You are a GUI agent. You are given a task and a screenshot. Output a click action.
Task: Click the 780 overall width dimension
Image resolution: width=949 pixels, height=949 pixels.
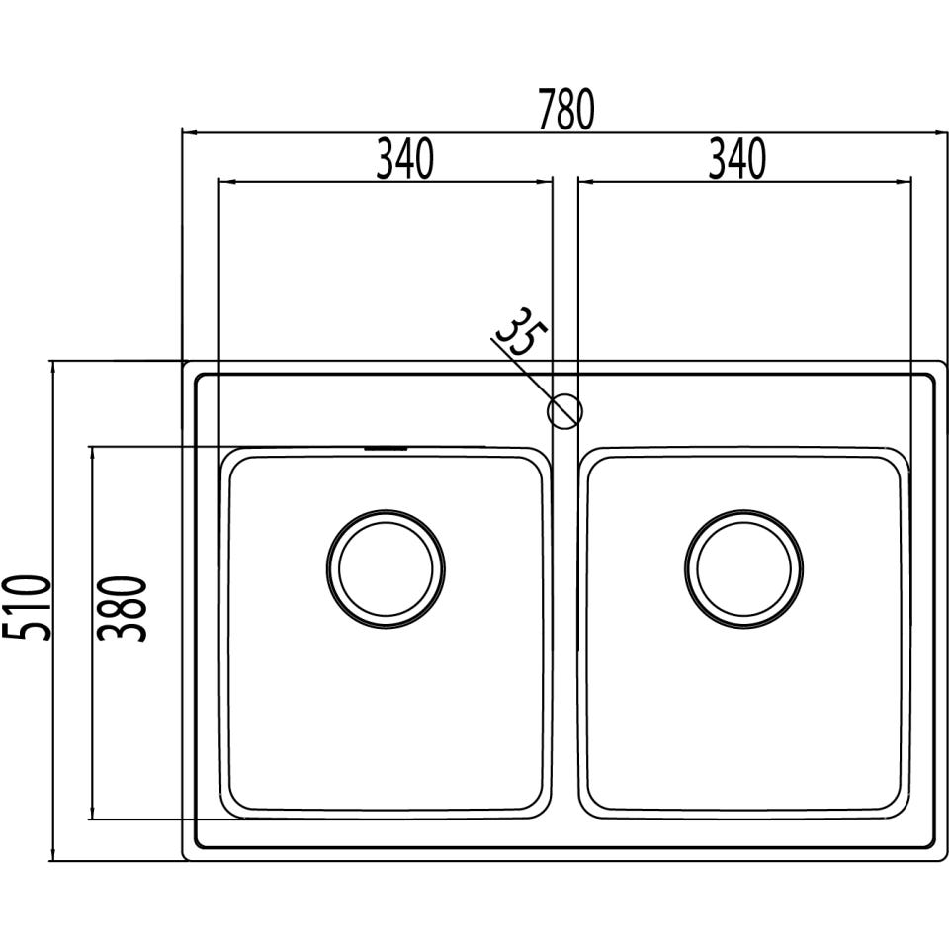click(566, 110)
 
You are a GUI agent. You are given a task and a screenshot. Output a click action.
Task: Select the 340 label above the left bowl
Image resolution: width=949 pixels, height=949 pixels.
click(404, 160)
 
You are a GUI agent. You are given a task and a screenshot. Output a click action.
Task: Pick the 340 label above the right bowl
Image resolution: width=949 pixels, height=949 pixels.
click(736, 160)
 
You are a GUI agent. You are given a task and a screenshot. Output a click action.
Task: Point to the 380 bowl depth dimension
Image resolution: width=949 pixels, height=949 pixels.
click(126, 608)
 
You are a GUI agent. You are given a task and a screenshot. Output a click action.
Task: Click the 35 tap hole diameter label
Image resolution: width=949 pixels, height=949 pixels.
click(519, 332)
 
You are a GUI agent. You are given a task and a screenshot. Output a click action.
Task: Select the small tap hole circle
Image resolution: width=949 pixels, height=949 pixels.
click(564, 410)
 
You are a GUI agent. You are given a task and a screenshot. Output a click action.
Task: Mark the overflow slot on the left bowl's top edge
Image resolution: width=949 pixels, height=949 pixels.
click(386, 449)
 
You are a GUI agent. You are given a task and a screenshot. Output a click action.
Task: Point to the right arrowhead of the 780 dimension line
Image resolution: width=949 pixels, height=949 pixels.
click(940, 131)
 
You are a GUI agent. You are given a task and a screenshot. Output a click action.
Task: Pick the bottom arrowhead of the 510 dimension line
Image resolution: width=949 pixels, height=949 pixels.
click(52, 854)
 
